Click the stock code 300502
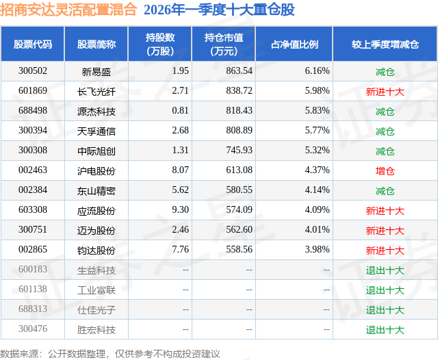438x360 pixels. point(34,71)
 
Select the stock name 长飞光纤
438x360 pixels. point(96,91)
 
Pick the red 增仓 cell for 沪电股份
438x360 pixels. point(385,170)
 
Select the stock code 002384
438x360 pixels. point(34,190)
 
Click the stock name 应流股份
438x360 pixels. point(96,210)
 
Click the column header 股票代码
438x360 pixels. point(34,44)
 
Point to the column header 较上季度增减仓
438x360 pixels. point(385,44)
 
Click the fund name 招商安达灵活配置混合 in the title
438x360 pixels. point(69,10)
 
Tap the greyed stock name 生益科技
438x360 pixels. point(96,270)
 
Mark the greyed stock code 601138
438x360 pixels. point(34,290)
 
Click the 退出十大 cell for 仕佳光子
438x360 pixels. point(385,309)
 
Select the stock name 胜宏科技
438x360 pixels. point(96,329)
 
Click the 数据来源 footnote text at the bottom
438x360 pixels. point(110,353)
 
